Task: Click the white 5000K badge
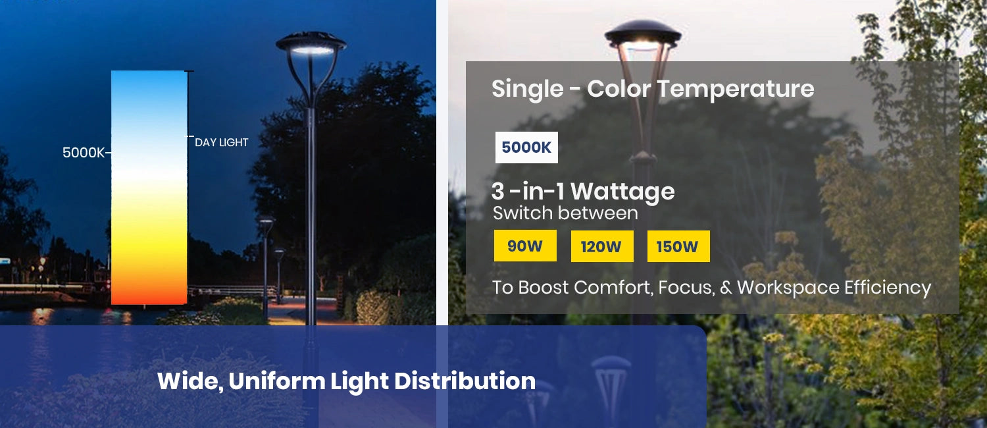(x=526, y=147)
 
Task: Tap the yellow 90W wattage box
(x=525, y=246)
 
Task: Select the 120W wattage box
(x=601, y=247)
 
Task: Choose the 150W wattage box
(x=678, y=247)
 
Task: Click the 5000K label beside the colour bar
(x=84, y=153)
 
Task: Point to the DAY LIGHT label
(x=221, y=142)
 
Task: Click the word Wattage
(x=622, y=192)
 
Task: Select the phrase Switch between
(x=565, y=213)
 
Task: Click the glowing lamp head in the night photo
(x=311, y=47)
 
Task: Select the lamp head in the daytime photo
(x=642, y=37)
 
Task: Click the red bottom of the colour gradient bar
(x=149, y=294)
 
